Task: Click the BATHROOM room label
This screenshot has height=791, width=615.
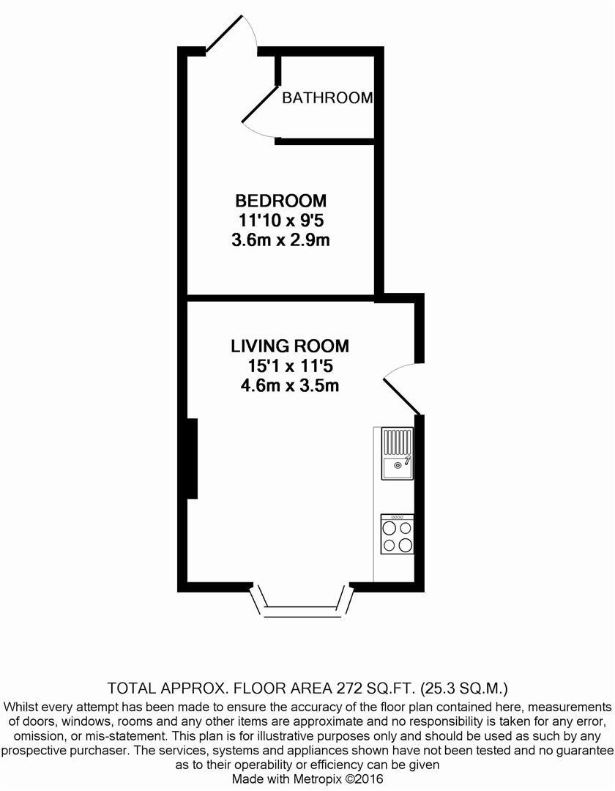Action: coord(327,97)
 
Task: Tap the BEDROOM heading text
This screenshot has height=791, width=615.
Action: coord(280,201)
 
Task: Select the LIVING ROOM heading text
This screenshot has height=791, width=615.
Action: coord(290,346)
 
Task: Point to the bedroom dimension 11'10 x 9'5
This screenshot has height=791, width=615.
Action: coord(280,220)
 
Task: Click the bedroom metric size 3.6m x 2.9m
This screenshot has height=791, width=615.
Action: coord(280,240)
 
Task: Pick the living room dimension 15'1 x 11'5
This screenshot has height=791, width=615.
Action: coord(290,365)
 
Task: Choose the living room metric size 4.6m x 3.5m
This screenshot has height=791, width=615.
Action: coord(290,385)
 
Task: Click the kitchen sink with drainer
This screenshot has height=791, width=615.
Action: coord(397,454)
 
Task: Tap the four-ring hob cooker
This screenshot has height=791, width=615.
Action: coord(397,534)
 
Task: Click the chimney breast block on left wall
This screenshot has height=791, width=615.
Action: coord(192,458)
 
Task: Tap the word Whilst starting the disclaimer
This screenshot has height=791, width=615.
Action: coord(26,707)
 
